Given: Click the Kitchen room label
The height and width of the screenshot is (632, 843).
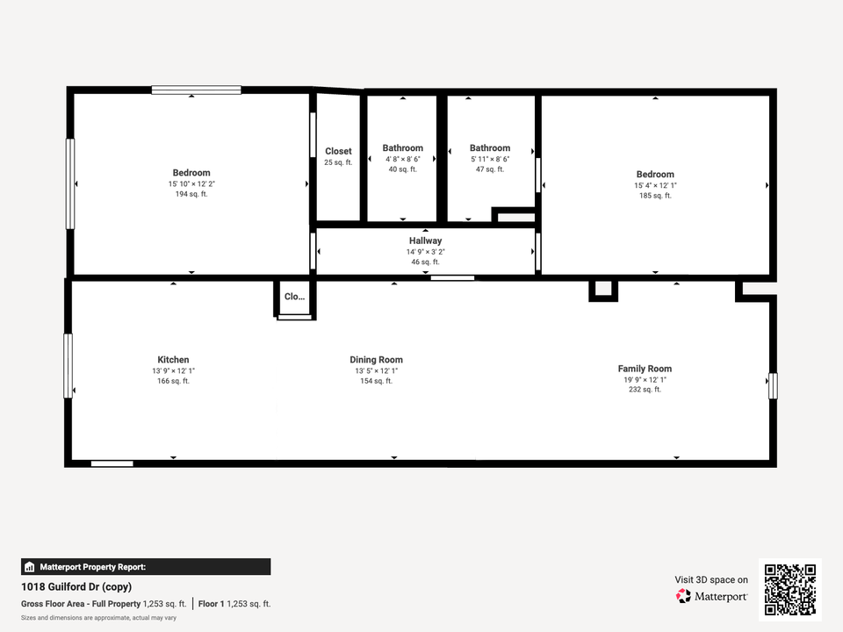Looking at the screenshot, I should click(173, 360).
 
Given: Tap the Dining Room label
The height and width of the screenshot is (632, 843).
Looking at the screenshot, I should click(376, 360).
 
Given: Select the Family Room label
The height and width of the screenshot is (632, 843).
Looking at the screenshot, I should click(645, 369).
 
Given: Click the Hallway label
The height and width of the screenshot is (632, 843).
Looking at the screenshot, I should click(425, 241).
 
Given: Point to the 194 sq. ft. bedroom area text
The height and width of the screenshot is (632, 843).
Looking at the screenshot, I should click(191, 194).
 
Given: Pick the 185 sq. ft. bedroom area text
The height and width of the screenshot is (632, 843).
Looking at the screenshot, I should click(655, 196).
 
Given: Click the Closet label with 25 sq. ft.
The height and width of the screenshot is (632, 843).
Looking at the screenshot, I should click(338, 151).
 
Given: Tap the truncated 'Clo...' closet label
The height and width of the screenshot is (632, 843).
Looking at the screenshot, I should click(294, 297).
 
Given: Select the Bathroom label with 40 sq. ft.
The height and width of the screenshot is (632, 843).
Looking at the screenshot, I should click(402, 148).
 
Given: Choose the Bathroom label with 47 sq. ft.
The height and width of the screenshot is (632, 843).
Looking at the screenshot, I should click(489, 148).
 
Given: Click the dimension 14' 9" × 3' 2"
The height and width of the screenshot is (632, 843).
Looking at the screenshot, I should click(425, 252).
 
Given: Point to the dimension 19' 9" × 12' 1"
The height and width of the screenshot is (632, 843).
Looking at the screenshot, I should click(645, 379).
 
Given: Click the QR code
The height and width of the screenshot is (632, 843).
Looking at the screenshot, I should click(790, 590).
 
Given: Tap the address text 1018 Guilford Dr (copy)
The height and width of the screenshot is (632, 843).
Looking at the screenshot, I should click(76, 586).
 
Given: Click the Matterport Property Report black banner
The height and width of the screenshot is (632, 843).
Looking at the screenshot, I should click(146, 567).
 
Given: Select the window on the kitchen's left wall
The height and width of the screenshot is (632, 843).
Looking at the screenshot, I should click(68, 365).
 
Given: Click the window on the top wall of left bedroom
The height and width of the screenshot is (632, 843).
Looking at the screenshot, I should click(196, 90).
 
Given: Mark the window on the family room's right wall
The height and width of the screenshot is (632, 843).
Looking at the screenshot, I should click(773, 385).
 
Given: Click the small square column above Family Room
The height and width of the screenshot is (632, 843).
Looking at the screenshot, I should click(602, 290).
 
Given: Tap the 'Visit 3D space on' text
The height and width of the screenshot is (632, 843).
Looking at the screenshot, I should click(711, 579).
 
